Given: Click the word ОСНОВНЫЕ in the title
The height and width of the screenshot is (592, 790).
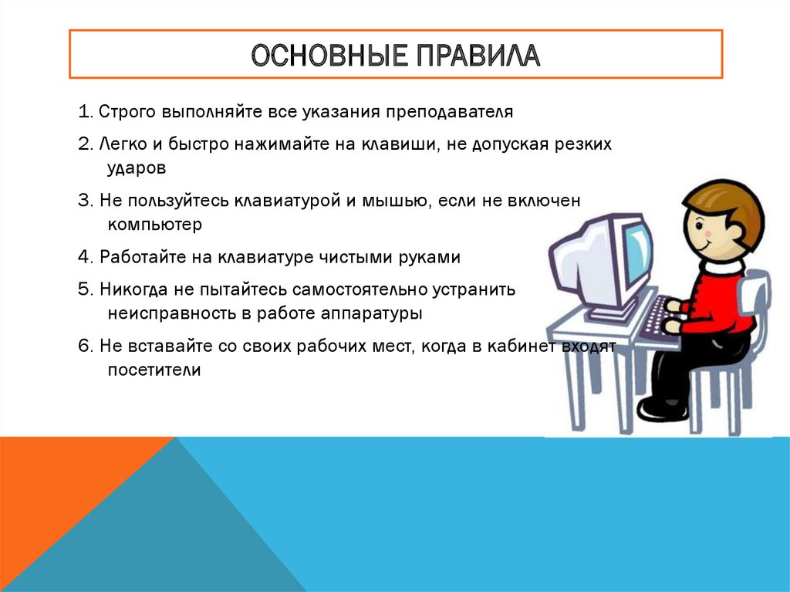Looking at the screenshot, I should (x=316, y=56).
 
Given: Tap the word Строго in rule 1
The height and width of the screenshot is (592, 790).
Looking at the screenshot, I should (x=128, y=112).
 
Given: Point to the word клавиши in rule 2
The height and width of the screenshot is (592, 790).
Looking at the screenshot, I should (x=406, y=145).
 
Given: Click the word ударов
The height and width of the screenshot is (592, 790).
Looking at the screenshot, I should (x=137, y=167).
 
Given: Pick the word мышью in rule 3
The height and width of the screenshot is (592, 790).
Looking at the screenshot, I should (x=396, y=201).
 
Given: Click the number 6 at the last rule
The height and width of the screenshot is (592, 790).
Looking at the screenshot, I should (x=83, y=347).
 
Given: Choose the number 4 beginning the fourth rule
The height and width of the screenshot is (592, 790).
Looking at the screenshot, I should (x=83, y=258).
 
